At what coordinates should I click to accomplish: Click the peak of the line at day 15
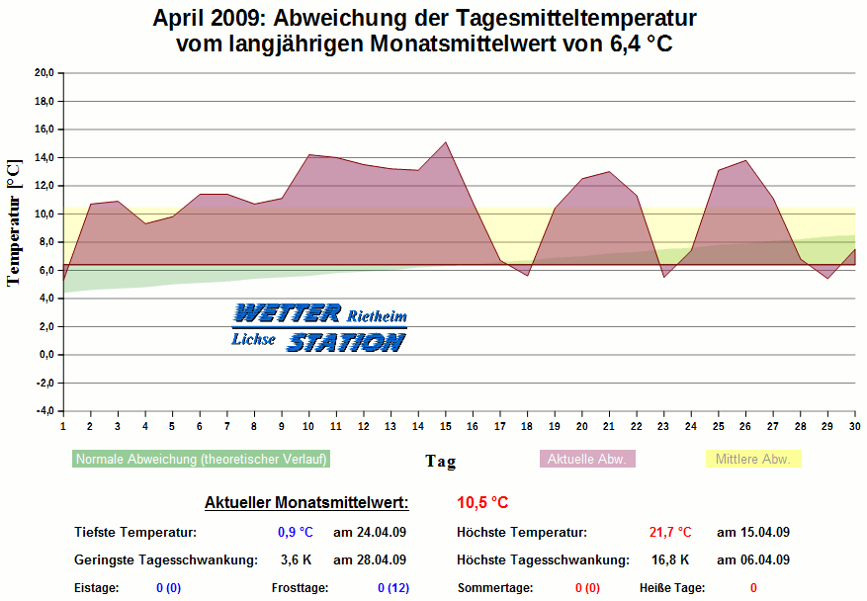[x=446, y=142]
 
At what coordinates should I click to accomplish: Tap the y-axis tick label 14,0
[x=43, y=157]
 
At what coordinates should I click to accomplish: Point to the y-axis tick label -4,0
[x=43, y=411]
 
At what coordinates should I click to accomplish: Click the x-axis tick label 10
[x=309, y=426]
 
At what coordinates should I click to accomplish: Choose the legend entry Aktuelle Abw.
[x=586, y=460]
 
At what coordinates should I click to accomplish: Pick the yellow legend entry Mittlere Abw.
[x=752, y=460]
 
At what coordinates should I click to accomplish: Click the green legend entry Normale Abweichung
[x=201, y=460]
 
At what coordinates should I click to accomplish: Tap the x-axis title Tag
[x=440, y=462]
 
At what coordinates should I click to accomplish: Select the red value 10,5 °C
[x=482, y=503]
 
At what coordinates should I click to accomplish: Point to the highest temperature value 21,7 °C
[x=670, y=533]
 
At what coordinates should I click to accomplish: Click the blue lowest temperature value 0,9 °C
[x=295, y=533]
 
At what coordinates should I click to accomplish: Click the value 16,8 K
[x=671, y=560]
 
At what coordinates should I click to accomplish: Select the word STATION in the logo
[x=345, y=342]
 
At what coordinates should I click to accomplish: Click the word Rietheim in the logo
[x=376, y=316]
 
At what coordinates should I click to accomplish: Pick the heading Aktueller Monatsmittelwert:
[x=306, y=503]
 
